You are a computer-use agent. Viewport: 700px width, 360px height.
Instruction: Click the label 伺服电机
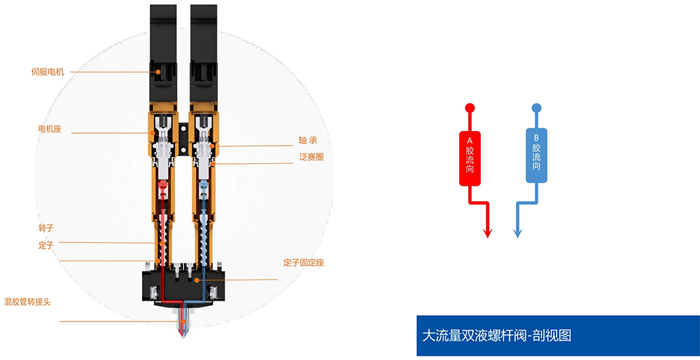click(x=48, y=72)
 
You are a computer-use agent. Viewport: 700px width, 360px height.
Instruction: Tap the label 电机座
click(x=50, y=130)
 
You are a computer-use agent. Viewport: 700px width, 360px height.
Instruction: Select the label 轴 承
click(x=308, y=141)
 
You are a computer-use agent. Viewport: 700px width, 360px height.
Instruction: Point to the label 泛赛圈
click(x=311, y=157)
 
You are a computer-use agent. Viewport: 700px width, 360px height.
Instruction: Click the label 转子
click(x=46, y=228)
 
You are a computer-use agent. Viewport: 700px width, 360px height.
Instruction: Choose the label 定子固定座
click(x=304, y=263)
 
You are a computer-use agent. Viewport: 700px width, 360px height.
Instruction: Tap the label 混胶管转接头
click(x=27, y=302)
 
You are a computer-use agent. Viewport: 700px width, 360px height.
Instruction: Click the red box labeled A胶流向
click(x=470, y=158)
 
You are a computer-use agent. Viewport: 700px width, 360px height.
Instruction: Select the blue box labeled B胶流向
click(x=536, y=155)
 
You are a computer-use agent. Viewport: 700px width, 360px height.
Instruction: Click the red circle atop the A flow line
click(x=470, y=108)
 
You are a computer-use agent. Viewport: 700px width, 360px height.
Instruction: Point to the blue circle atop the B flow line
click(x=536, y=108)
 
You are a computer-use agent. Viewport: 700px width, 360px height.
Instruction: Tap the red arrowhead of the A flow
click(x=487, y=233)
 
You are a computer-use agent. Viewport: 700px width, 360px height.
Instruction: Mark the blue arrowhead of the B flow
click(x=518, y=233)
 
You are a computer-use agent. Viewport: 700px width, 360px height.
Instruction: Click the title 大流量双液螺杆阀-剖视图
click(x=496, y=335)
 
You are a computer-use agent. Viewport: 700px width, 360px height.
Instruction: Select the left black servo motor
click(x=163, y=53)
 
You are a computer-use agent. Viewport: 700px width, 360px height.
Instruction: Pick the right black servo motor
click(x=204, y=53)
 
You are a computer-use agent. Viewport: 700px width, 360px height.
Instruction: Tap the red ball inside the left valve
click(x=163, y=184)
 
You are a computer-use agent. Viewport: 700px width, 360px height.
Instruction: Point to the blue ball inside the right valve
click(x=204, y=184)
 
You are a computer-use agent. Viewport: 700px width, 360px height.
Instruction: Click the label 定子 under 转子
click(x=46, y=245)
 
